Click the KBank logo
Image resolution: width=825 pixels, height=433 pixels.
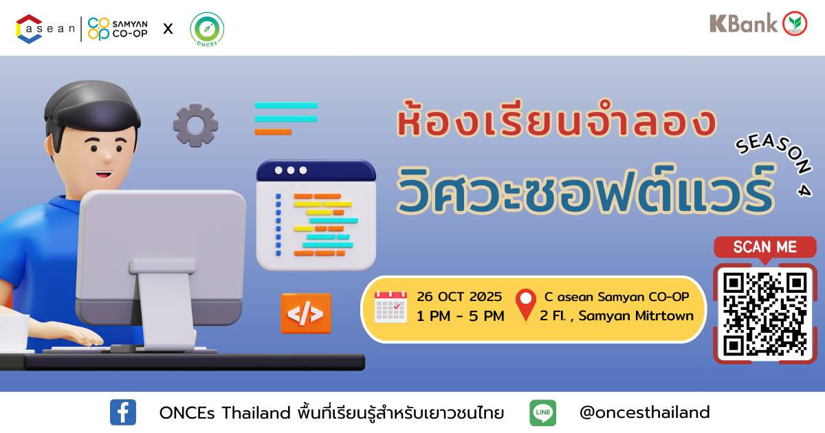click(758, 23)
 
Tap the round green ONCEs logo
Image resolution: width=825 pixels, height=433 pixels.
click(207, 30)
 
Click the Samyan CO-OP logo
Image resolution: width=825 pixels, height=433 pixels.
click(118, 29)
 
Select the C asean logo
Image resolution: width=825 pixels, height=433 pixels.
click(45, 29)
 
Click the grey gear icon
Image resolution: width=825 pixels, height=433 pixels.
click(195, 125)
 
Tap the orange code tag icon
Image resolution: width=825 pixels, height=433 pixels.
click(306, 313)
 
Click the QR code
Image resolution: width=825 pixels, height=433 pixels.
click(765, 314)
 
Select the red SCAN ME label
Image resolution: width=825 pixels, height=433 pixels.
click(765, 247)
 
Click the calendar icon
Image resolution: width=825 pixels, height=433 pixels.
click(390, 307)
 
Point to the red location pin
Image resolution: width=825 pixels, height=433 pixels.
click(525, 305)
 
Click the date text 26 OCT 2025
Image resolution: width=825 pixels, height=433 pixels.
click(459, 296)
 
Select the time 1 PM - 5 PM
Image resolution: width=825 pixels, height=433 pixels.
click(461, 316)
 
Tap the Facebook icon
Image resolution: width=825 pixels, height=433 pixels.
click(123, 412)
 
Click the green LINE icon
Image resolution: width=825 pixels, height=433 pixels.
click(543, 413)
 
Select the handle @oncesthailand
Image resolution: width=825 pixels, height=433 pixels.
click(645, 412)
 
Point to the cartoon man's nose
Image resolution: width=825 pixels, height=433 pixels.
click(108, 157)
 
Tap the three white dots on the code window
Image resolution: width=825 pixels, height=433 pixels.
click(291, 170)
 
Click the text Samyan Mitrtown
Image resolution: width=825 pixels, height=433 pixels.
click(636, 316)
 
